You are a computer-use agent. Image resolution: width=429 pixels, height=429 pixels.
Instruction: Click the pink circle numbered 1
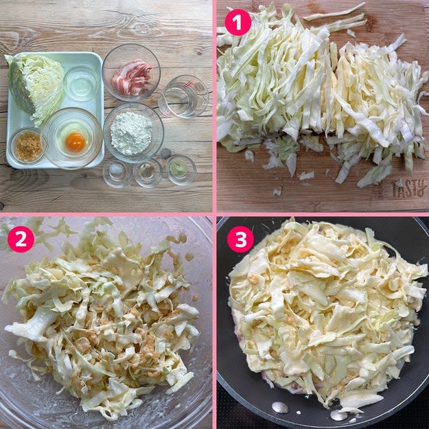237,22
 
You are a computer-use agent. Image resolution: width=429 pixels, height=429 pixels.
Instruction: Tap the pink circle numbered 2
21,239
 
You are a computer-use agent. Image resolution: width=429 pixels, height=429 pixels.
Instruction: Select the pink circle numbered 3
240,239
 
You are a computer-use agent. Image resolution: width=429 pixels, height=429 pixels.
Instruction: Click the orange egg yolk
76,143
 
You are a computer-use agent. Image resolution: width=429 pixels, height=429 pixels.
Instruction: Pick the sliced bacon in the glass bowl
131,77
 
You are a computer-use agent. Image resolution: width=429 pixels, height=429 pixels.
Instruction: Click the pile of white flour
131,133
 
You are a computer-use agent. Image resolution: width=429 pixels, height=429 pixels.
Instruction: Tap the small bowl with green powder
181,170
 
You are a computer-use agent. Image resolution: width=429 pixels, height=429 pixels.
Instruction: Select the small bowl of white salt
117,172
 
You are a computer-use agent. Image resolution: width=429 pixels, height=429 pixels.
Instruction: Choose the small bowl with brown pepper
148,172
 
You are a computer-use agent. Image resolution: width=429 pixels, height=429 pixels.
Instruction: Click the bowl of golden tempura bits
27,146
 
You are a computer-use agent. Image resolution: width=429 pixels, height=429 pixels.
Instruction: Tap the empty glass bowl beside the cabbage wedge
82,84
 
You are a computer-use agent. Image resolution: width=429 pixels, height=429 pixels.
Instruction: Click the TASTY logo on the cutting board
410,188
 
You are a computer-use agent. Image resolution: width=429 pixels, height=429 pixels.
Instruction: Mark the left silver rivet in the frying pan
280,408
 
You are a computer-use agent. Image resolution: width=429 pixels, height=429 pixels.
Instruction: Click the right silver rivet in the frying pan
338,415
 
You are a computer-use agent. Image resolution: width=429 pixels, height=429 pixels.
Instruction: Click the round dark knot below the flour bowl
165,153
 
